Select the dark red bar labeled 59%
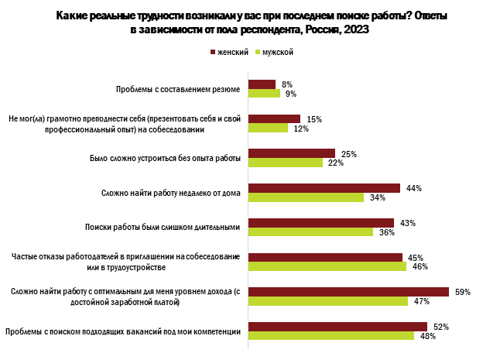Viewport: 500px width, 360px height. [x=348, y=292]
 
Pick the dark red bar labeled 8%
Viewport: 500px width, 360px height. [x=262, y=84]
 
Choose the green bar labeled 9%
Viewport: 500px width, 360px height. [x=263, y=93]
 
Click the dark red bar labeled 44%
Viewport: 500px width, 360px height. [x=324, y=187]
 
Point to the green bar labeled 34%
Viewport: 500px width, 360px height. [x=306, y=197]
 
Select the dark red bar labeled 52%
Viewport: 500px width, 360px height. [x=337, y=327]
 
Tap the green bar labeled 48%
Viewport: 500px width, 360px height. [x=330, y=336]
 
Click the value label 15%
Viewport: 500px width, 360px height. [x=313, y=119]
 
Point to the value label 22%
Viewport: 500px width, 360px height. [x=336, y=163]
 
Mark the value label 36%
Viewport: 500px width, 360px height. [x=386, y=232]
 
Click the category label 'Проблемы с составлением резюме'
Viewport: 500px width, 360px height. [x=178, y=89]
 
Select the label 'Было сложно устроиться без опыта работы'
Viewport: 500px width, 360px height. [x=161, y=158]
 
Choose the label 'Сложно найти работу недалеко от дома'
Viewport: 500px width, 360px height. [x=172, y=193]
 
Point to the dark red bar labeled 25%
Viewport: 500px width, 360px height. [x=291, y=153]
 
